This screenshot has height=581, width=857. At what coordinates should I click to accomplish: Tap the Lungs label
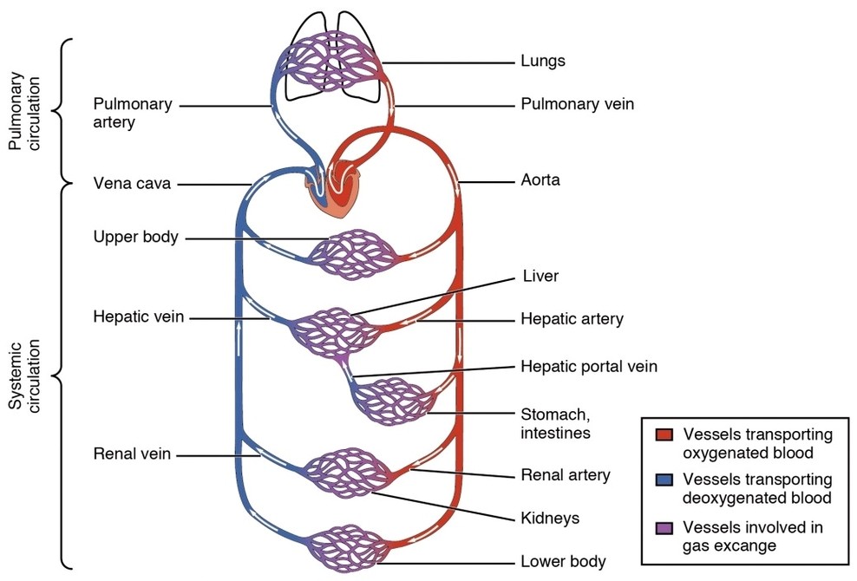click(543, 62)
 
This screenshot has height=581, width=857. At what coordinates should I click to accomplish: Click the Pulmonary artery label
click(133, 114)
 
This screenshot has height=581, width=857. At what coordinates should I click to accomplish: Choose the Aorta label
click(540, 181)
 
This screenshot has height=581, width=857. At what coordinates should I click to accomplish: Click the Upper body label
click(135, 237)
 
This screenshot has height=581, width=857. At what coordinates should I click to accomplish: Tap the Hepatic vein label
click(138, 317)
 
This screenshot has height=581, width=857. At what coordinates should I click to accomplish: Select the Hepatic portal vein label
click(588, 367)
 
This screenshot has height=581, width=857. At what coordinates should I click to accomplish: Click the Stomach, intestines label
click(555, 423)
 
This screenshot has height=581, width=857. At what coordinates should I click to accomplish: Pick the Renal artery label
click(565, 475)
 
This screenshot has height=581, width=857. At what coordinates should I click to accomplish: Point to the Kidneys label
click(549, 519)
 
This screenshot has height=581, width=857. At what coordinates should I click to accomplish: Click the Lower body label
click(562, 561)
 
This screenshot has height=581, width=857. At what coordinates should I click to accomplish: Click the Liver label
click(540, 277)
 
